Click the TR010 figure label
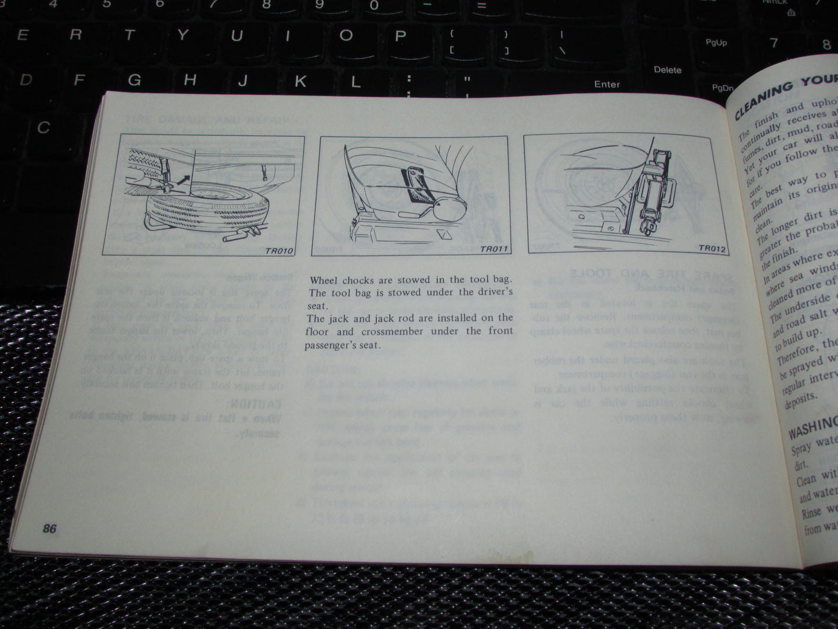point(280,251)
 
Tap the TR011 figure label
point(493,250)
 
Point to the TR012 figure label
point(712,248)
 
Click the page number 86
point(49,529)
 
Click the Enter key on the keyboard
point(607,84)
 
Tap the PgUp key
point(716,42)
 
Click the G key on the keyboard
point(135,80)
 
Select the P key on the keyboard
point(400,36)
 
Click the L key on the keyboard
point(355,82)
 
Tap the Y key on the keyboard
point(183,35)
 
